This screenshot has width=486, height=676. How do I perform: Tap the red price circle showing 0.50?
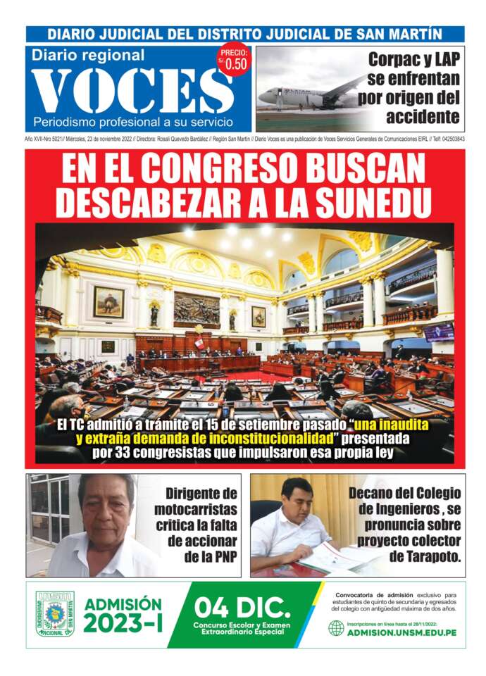point(235,62)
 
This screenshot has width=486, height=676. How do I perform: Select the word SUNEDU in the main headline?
point(373,201)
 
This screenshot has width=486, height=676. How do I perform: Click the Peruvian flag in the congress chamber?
point(199,343)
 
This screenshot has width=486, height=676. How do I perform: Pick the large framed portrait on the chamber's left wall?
point(108,301)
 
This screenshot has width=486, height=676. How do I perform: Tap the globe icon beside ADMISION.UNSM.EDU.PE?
point(336,628)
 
